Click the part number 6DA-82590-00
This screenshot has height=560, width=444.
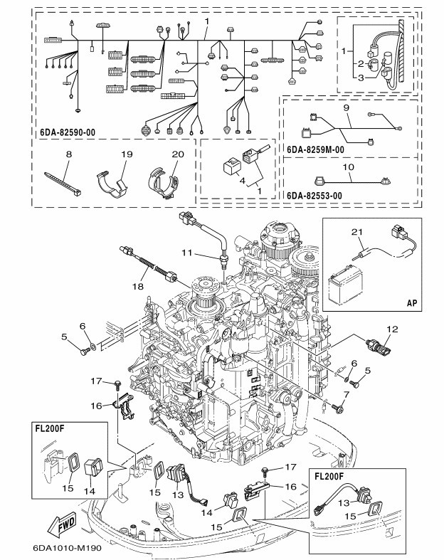click(68, 132)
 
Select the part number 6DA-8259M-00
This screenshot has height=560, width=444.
click(317, 150)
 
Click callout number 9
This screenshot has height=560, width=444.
click(346, 108)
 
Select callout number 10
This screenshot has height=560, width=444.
click(347, 168)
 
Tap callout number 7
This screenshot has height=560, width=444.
click(346, 395)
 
